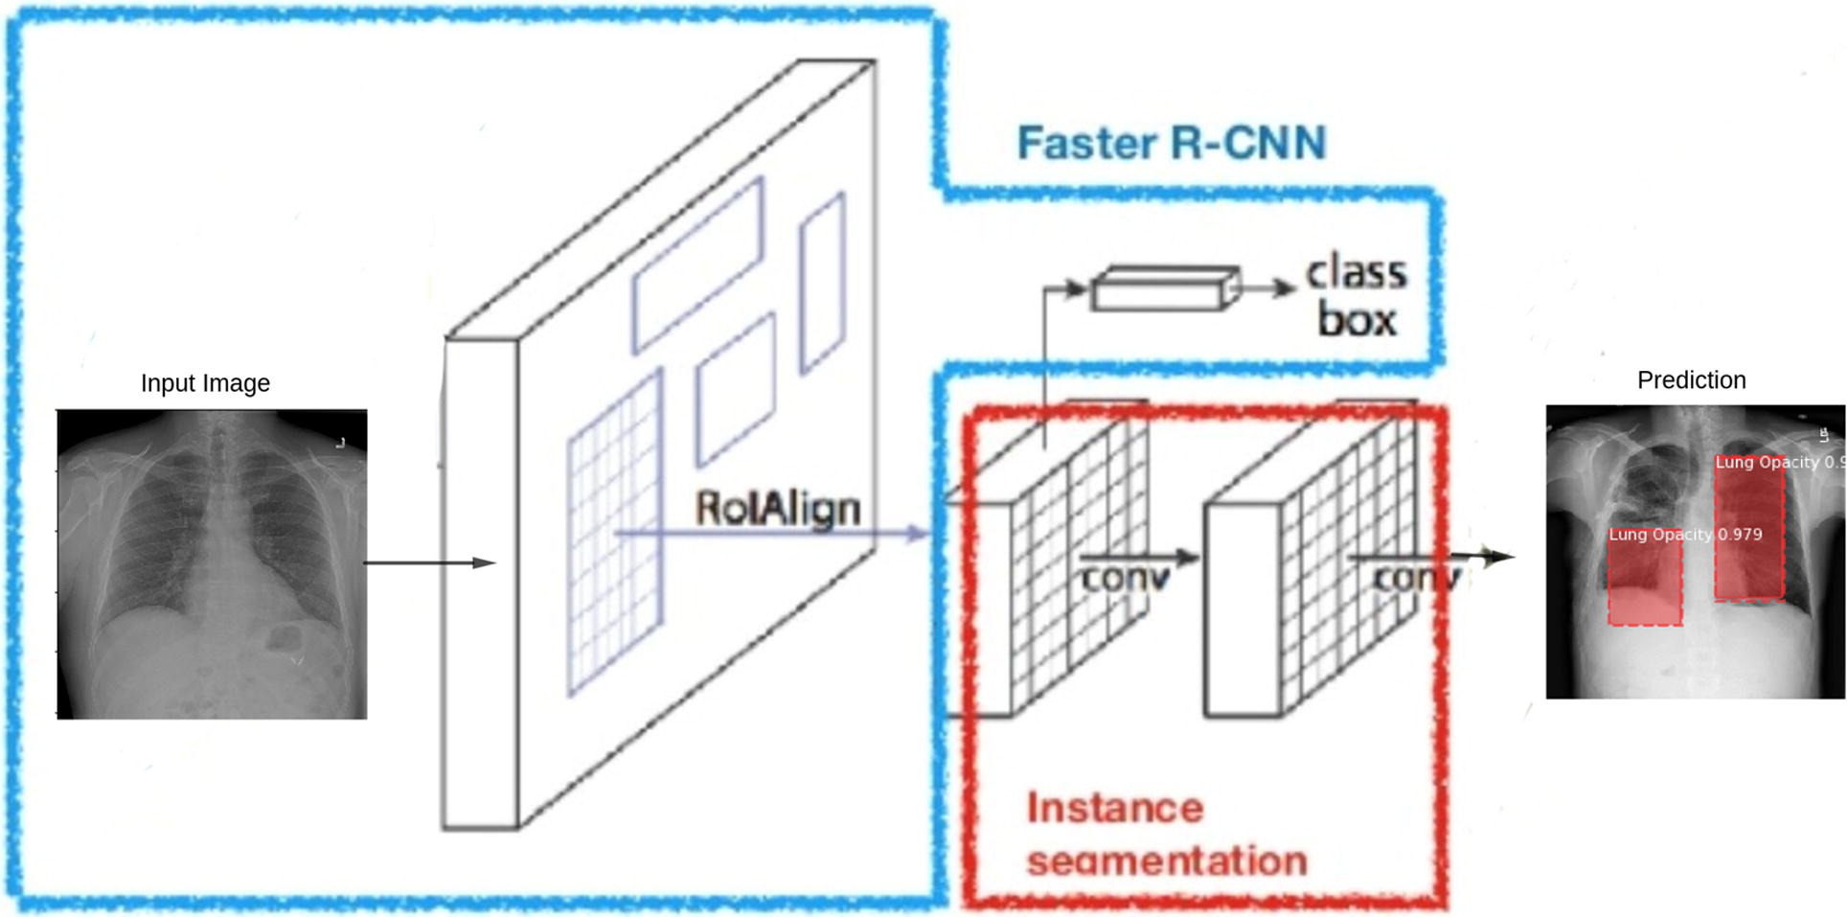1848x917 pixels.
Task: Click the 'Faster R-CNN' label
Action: pos(1171,144)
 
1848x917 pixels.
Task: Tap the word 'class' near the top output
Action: pos(1356,274)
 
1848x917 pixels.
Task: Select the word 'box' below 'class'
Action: pos(1357,320)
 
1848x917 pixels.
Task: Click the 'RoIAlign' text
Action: pos(777,508)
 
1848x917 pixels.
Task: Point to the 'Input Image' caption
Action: pos(205,383)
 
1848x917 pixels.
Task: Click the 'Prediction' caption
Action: pos(1691,380)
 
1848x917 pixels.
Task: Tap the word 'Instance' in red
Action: pos(1114,809)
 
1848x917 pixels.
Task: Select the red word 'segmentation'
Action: pos(1166,860)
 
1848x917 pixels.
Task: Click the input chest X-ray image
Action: pos(212,563)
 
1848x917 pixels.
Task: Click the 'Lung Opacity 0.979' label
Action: pos(1684,535)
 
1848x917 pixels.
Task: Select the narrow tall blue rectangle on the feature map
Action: pos(822,283)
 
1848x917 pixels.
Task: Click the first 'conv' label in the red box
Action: pos(1126,578)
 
